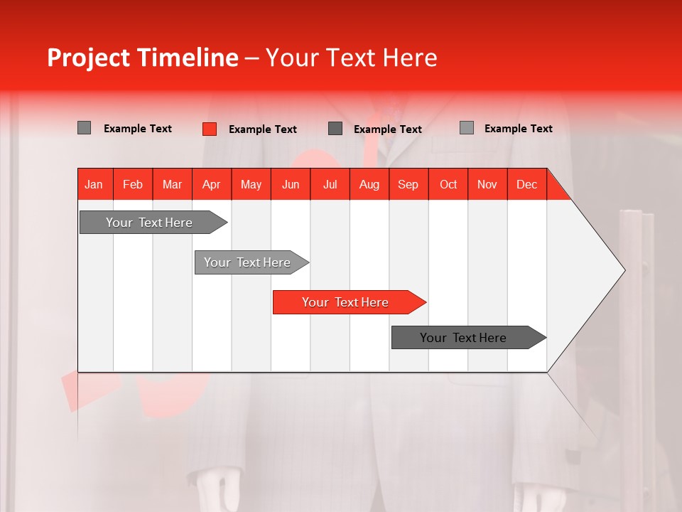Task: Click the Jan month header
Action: (94, 184)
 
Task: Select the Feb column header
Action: (133, 184)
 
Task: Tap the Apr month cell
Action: (212, 184)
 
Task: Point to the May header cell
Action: (251, 184)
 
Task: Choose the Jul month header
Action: (330, 184)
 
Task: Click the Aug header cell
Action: (369, 184)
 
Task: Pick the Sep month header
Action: (408, 184)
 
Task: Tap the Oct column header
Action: (448, 184)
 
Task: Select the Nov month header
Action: (487, 184)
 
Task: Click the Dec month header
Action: (526, 184)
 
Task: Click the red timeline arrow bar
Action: (348, 302)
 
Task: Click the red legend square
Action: (210, 129)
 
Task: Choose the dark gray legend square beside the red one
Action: (335, 129)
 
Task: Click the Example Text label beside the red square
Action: (262, 129)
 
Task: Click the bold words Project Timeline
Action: (143, 58)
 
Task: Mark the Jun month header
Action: (291, 184)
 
